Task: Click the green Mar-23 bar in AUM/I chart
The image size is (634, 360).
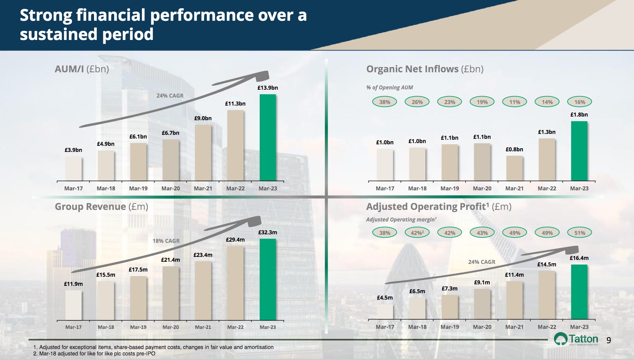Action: [268, 137]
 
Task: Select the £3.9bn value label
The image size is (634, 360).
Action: [73, 150]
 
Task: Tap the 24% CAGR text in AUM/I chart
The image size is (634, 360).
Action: [170, 95]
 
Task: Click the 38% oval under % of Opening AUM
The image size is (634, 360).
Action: [384, 102]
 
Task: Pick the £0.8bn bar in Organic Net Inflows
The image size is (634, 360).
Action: [514, 168]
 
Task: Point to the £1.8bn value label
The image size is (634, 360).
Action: [579, 115]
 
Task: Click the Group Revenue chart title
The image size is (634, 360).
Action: [101, 207]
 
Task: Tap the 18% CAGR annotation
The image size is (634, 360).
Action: [166, 241]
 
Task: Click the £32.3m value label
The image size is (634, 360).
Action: [268, 232]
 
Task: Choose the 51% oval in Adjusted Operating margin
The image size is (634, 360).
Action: [579, 233]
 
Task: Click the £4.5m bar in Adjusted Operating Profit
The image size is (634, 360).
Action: [385, 312]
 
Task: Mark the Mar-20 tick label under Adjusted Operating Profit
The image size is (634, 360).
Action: [482, 327]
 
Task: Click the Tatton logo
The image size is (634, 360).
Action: [576, 339]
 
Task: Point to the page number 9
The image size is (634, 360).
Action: [608, 340]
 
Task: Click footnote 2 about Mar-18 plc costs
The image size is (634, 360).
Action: [94, 354]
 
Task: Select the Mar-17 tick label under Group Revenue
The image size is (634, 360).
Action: [73, 327]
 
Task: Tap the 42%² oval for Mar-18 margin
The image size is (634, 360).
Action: [417, 233]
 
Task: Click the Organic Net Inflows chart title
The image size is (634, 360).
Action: [424, 69]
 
